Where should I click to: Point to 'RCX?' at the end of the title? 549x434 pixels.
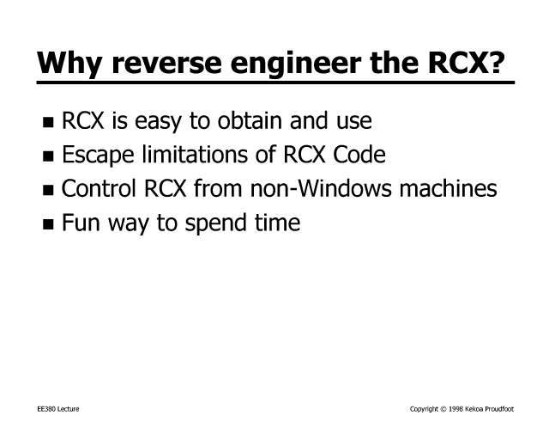point(467,63)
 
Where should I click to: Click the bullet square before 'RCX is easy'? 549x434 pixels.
point(48,122)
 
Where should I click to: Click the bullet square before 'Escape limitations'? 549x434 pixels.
point(48,156)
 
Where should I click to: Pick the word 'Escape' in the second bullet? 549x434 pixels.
point(98,156)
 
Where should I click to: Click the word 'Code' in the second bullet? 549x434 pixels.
point(359,154)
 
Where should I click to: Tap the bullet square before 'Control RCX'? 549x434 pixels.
point(48,190)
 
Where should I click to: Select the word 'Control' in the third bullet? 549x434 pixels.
point(99,187)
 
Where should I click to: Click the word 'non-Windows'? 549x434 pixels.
point(321,188)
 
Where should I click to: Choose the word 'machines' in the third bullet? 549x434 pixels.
point(448,188)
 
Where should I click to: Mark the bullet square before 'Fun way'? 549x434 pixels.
point(48,223)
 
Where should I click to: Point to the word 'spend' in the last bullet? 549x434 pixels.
point(215,223)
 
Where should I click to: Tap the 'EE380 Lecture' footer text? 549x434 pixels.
point(58,409)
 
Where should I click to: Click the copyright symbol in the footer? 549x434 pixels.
point(443,409)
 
